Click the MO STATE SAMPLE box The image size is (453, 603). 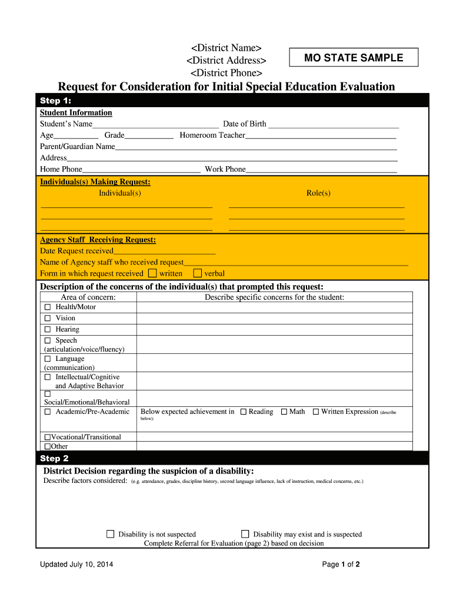(x=353, y=58)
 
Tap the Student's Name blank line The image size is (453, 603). (x=155, y=124)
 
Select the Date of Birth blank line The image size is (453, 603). (x=333, y=124)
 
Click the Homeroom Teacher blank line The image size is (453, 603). (x=321, y=135)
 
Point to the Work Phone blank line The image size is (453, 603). (x=321, y=170)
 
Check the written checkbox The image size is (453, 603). (x=152, y=273)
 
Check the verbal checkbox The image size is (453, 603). (x=198, y=273)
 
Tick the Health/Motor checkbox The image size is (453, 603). (x=48, y=307)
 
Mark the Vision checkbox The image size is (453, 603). (x=48, y=319)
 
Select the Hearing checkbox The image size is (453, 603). (x=48, y=330)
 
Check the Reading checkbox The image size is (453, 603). (x=243, y=412)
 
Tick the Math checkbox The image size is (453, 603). (x=284, y=412)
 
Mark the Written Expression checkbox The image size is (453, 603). (x=315, y=412)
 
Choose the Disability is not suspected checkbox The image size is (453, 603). (x=110, y=534)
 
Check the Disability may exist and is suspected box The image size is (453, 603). (x=245, y=534)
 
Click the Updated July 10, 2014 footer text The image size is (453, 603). (x=76, y=565)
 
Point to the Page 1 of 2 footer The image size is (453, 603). (x=341, y=565)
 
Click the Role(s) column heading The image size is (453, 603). (x=318, y=193)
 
